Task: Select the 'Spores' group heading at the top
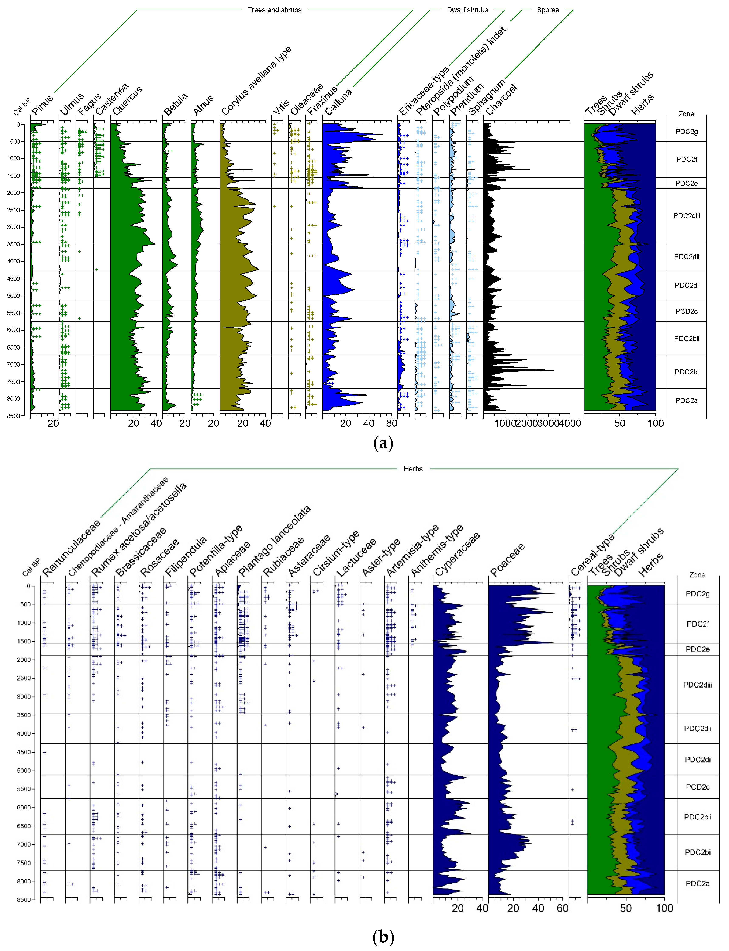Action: (x=548, y=10)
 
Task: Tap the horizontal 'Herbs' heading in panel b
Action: (x=413, y=469)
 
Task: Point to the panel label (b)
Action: (x=383, y=937)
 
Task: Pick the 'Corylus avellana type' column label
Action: (x=256, y=81)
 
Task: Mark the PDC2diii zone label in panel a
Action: (x=687, y=216)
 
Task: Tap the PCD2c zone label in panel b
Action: (x=697, y=787)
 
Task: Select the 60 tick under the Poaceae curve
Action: (x=562, y=909)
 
